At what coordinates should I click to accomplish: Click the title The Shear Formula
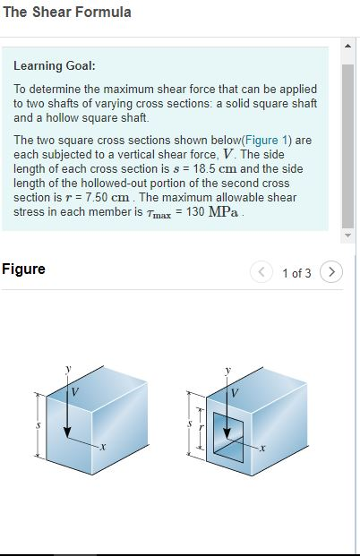(x=67, y=13)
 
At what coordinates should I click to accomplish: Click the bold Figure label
(x=23, y=269)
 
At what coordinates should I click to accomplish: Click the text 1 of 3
(x=296, y=273)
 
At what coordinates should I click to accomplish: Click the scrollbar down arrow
(x=348, y=236)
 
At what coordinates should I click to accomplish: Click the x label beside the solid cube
(x=103, y=447)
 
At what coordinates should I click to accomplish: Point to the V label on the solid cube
(x=75, y=390)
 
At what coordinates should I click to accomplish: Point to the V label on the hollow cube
(x=236, y=391)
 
